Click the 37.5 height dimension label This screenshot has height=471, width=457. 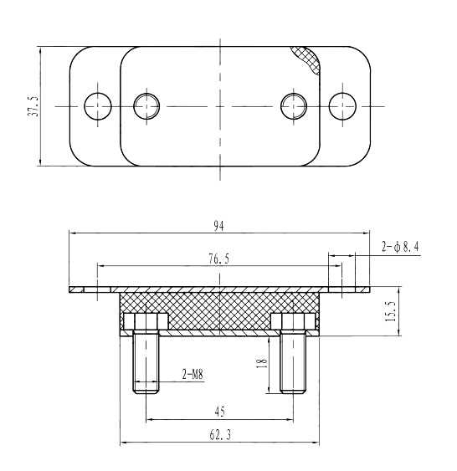(33, 106)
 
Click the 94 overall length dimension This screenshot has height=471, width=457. (218, 226)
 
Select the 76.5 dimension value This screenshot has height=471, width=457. (219, 259)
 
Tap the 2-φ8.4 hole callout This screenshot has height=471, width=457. (400, 247)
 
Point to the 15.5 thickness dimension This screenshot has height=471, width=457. (390, 311)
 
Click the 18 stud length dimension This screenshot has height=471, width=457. (262, 364)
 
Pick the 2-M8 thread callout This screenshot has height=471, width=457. (193, 374)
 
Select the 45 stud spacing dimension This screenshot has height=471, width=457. (219, 412)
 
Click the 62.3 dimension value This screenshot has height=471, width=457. (220, 435)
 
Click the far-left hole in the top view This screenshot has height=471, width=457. (98, 106)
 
